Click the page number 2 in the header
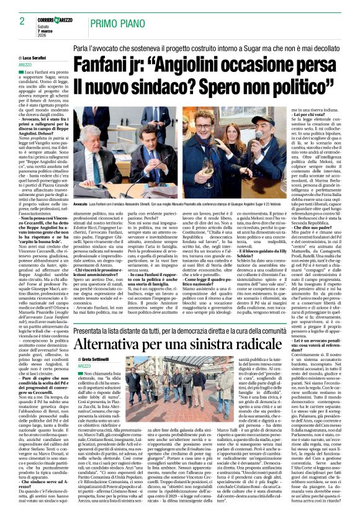click(x=13, y=20)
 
